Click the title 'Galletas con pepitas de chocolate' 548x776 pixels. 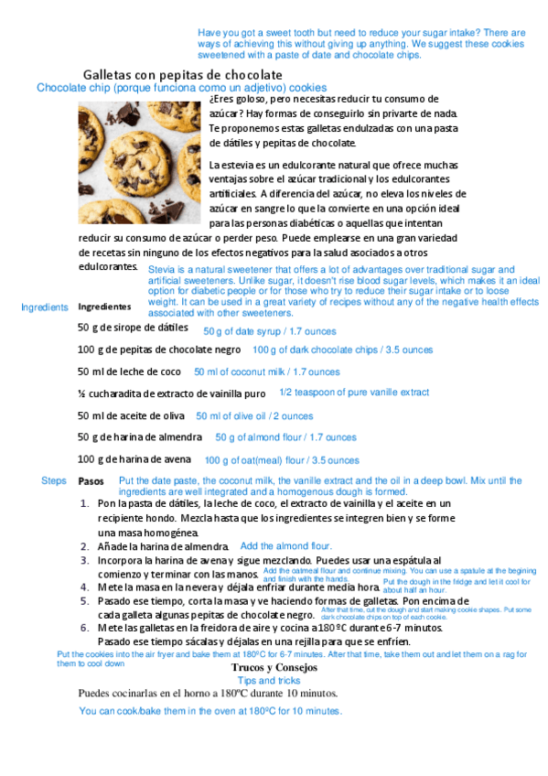tap(182, 74)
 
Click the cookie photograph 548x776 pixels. tap(139, 162)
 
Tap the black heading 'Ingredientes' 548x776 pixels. tap(104, 307)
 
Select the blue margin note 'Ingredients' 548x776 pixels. tap(44, 307)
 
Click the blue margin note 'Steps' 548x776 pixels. tap(54, 480)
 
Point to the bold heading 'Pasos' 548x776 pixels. tap(91, 481)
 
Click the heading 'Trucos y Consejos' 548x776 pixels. tap(274, 668)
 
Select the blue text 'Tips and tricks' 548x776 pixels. tap(268, 681)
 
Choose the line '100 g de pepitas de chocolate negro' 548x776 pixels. tap(159, 350)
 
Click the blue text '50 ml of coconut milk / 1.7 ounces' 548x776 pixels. tap(267, 372)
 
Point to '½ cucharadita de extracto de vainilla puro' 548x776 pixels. tap(172, 393)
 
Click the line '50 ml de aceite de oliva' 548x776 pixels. tap(132, 415)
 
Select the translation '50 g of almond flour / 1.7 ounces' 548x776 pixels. tap(285, 437)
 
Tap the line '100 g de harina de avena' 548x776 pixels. tap(134, 459)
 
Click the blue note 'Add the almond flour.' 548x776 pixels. tap(285, 545)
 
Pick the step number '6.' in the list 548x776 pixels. tap(84, 628)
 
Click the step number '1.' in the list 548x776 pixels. tap(84, 503)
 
